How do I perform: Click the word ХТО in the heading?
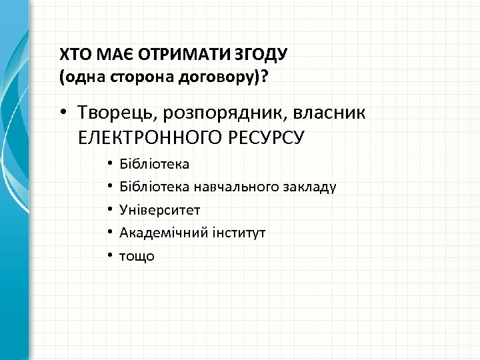click(73, 53)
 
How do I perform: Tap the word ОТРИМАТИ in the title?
click(158, 53)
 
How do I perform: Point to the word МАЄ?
click(105, 53)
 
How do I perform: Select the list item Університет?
click(159, 209)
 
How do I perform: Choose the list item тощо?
click(136, 255)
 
